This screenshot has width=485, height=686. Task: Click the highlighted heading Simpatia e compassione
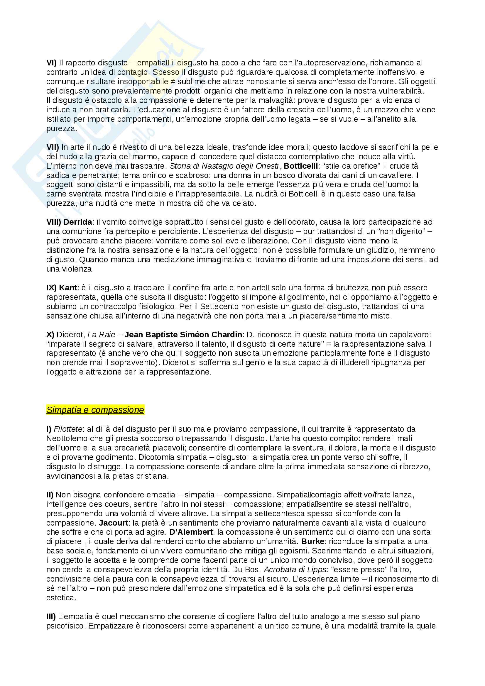tap(95, 410)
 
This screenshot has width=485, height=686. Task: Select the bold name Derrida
tap(78, 222)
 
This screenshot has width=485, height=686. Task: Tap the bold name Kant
tap(68, 288)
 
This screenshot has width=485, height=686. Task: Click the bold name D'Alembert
tap(191, 532)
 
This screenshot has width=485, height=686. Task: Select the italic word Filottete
tap(68, 429)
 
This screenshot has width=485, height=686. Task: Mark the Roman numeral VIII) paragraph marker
tap(54, 222)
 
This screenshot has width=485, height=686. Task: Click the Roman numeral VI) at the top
tap(51, 63)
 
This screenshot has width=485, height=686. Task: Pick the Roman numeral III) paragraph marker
tap(51, 616)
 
